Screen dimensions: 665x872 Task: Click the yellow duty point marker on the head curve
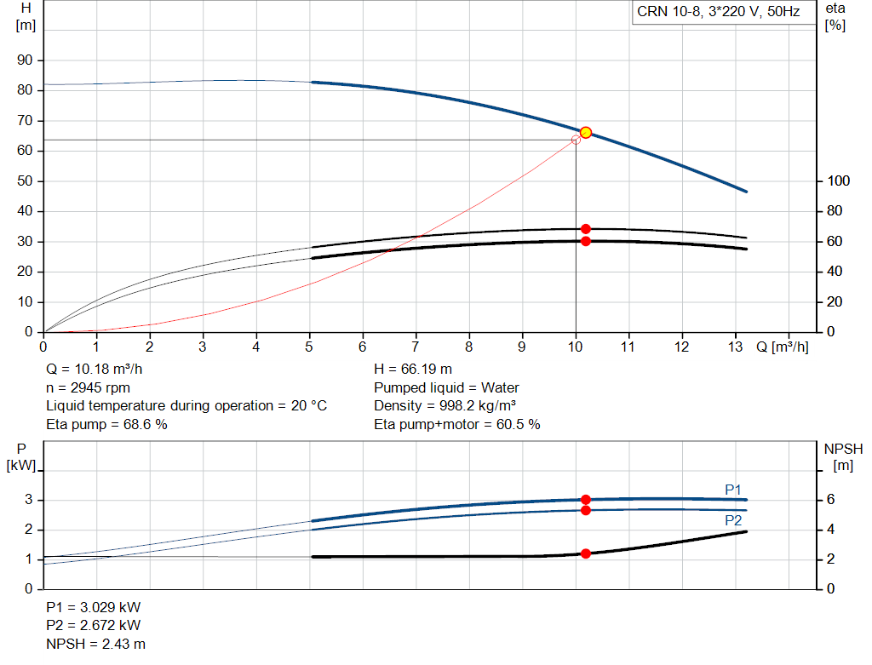click(586, 132)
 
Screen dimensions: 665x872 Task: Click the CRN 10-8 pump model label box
click(716, 12)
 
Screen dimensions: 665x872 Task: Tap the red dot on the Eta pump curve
click(586, 228)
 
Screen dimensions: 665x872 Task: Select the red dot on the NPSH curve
click(586, 553)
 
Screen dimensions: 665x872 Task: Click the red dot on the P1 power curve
click(586, 500)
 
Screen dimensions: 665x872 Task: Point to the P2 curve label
click(733, 520)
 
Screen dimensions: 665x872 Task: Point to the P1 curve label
click(733, 489)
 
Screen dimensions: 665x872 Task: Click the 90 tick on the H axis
click(25, 60)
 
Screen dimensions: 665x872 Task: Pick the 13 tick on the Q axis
click(736, 347)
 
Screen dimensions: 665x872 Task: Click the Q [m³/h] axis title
click(782, 347)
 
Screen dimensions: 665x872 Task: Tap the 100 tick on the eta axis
click(839, 181)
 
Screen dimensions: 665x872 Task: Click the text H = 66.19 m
click(412, 370)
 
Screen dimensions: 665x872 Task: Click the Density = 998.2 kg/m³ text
click(445, 406)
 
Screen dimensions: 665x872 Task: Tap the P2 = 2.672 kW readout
click(94, 627)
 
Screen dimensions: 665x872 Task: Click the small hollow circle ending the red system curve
click(576, 140)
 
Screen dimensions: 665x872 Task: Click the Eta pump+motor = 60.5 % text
click(457, 424)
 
